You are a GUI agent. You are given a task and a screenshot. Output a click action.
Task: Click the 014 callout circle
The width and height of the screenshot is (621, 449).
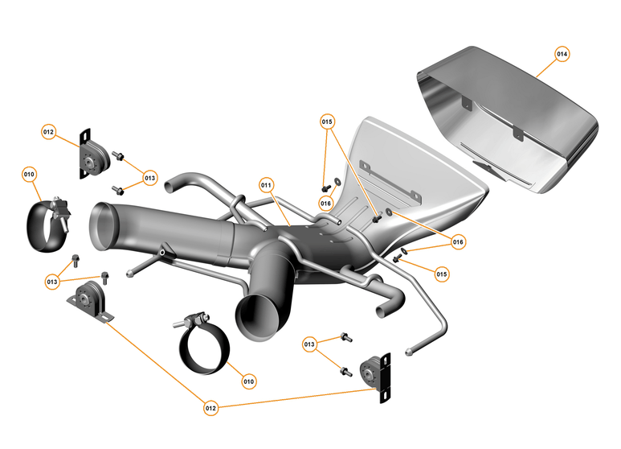[562, 54]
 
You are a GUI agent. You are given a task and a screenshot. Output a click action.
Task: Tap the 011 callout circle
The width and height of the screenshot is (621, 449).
[267, 184]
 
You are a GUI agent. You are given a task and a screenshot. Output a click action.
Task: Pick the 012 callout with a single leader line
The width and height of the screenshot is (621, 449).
[49, 131]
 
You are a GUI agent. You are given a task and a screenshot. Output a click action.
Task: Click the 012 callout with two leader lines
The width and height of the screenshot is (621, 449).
[211, 408]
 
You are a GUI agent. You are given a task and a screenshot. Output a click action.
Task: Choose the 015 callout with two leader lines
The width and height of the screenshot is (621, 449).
[327, 122]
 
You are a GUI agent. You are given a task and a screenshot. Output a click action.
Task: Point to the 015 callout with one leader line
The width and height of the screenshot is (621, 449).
[442, 274]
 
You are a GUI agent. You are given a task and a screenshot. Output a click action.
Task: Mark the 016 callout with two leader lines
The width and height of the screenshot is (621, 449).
[458, 241]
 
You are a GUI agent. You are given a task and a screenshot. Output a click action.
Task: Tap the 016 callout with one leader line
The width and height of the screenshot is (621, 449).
[325, 204]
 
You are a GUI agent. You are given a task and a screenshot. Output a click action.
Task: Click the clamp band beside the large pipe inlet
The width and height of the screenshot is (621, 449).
[47, 223]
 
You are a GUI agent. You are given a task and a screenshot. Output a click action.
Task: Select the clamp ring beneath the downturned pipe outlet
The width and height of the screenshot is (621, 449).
[202, 348]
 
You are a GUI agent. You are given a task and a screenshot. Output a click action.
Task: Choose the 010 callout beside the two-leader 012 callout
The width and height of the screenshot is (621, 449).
[249, 381]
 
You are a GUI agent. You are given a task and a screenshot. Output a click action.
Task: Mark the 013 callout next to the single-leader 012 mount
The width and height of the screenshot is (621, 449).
[150, 177]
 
